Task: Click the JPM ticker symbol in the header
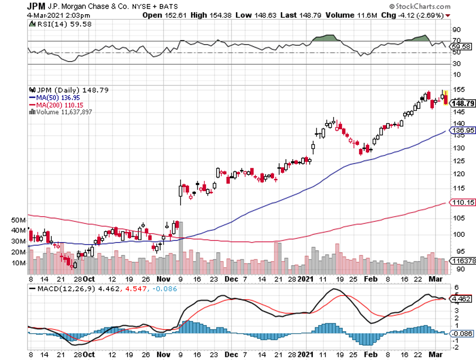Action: click(35, 6)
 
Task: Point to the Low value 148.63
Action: click(248, 15)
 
